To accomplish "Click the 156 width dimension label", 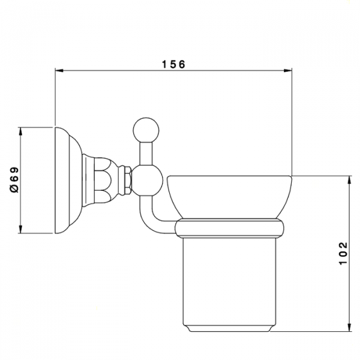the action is click(173, 65).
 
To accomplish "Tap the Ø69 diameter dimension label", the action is click(14, 180).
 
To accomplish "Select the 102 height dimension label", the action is click(343, 253).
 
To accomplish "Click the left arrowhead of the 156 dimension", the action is click(59, 70).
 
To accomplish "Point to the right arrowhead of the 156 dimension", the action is click(287, 70).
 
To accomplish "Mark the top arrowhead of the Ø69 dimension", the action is click(20, 131).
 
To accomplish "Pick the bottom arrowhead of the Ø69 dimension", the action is click(20, 229).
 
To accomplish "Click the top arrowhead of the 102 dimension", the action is click(349, 180).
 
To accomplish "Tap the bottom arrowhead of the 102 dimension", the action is click(349, 327).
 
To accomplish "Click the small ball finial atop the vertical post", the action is click(146, 130).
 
